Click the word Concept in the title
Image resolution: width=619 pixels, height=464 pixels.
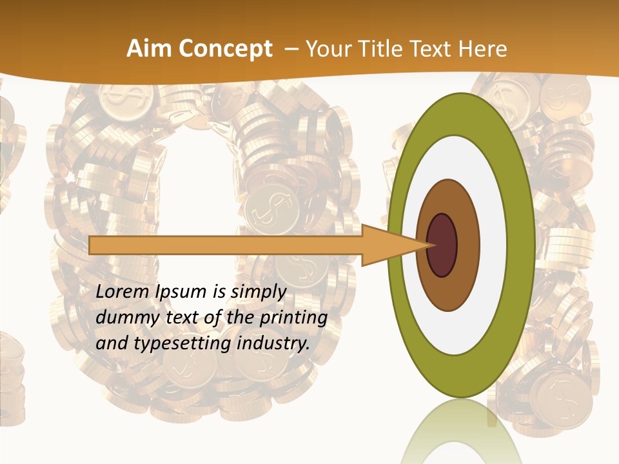(226, 49)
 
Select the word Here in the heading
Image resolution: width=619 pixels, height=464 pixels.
(483, 49)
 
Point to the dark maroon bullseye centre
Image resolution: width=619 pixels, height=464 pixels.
(442, 246)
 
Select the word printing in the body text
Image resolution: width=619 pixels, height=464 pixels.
(293, 318)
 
